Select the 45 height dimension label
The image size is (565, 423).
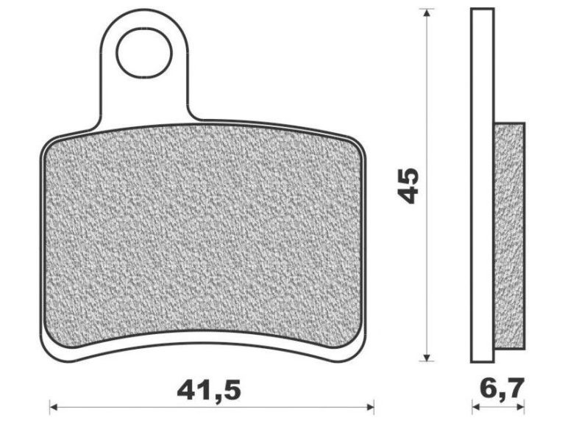coord(408,185)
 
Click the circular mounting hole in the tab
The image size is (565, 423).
coord(144,52)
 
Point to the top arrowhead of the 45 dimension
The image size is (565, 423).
coord(427,13)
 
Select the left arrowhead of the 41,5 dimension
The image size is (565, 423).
coord(54,407)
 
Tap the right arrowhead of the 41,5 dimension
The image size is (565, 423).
coord(370,407)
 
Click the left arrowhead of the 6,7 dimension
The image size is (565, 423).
coord(477,407)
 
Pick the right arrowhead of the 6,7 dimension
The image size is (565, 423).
coord(520,407)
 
